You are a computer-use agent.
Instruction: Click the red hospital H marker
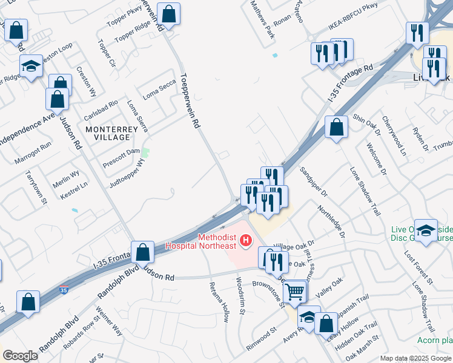click(245, 241)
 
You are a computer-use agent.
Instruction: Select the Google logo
click(20, 356)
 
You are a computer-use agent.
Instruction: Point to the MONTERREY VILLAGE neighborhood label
click(108, 133)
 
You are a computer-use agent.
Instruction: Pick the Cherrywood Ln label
click(394, 135)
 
